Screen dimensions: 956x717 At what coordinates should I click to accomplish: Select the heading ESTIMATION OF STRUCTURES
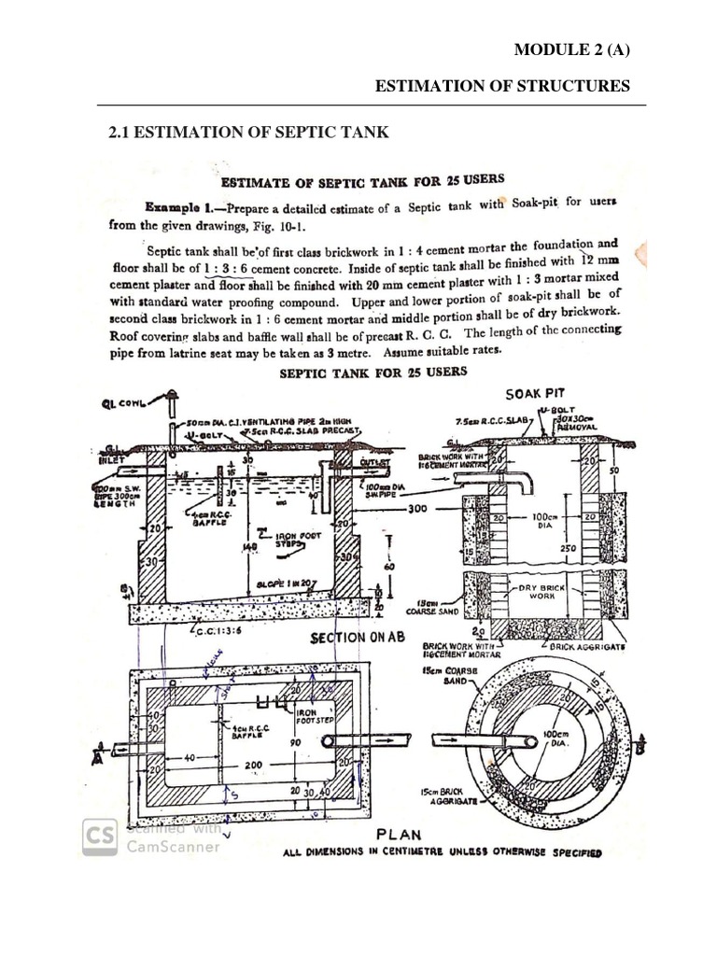tap(502, 87)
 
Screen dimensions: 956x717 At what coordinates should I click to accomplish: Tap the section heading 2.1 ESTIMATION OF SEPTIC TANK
tap(248, 134)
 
